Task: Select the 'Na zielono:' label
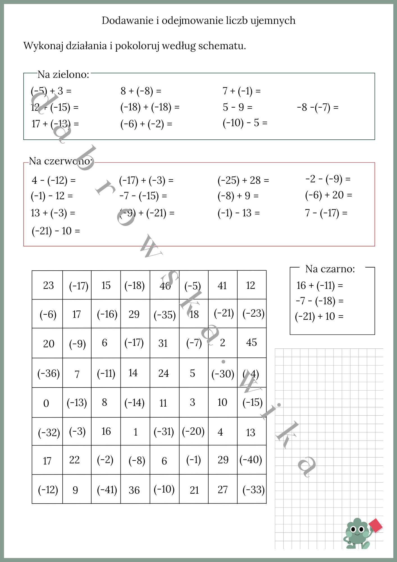click(63, 74)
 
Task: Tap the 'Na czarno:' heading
click(330, 269)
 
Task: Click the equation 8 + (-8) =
click(141, 91)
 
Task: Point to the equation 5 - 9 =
click(238, 107)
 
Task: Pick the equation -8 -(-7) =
click(318, 107)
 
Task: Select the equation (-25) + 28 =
click(243, 180)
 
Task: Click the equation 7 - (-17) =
click(326, 213)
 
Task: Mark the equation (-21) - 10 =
click(56, 231)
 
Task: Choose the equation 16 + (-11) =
click(320, 285)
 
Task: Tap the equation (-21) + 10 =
click(319, 316)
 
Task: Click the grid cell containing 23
click(48, 285)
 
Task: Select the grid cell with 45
click(252, 343)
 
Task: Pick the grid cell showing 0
click(47, 403)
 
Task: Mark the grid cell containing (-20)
click(193, 431)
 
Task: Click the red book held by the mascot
click(375, 525)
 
